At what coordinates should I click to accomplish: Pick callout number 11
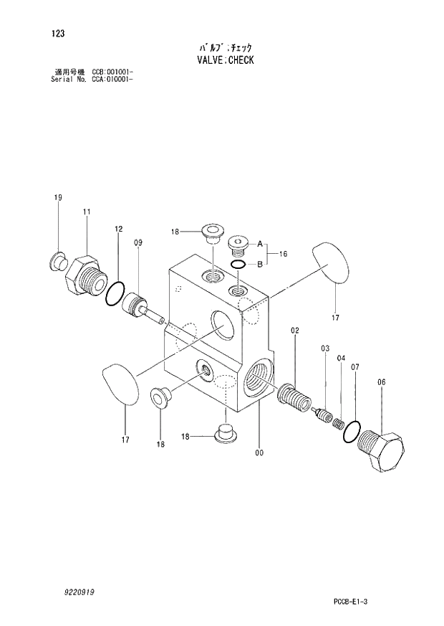click(x=86, y=212)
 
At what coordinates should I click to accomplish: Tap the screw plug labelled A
click(x=238, y=246)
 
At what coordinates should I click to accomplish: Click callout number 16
click(x=284, y=254)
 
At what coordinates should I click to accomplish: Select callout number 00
click(x=259, y=452)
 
